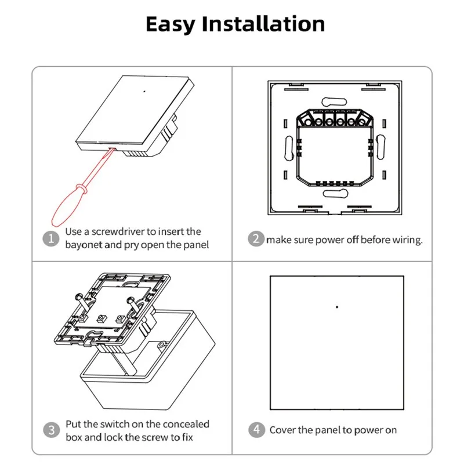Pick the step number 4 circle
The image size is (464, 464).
tap(256, 430)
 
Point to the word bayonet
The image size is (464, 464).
tap(85, 245)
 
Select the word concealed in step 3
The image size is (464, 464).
tap(187, 424)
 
